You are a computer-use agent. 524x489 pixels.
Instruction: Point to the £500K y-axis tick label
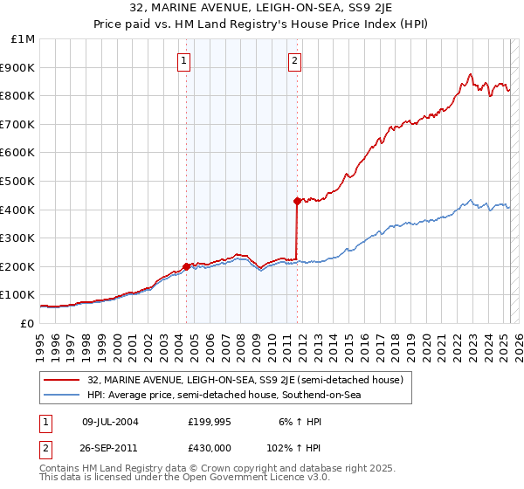pyautogui.click(x=20, y=181)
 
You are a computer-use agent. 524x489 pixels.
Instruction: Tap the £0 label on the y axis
pyautogui.click(x=28, y=323)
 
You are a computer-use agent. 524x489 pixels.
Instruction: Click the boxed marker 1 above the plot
pyautogui.click(x=185, y=61)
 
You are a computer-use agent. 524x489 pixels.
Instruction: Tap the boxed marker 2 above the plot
pyautogui.click(x=295, y=61)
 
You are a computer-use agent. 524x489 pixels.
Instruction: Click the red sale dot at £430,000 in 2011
pyautogui.click(x=297, y=201)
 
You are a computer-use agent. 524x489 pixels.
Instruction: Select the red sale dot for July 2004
pyautogui.click(x=186, y=266)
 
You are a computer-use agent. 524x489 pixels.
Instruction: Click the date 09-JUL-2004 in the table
pyautogui.click(x=110, y=422)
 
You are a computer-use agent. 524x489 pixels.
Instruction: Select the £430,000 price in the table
pyautogui.click(x=211, y=446)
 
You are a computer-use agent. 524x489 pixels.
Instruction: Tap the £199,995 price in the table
pyautogui.click(x=211, y=422)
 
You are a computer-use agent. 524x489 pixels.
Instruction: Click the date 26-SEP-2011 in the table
pyautogui.click(x=110, y=446)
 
